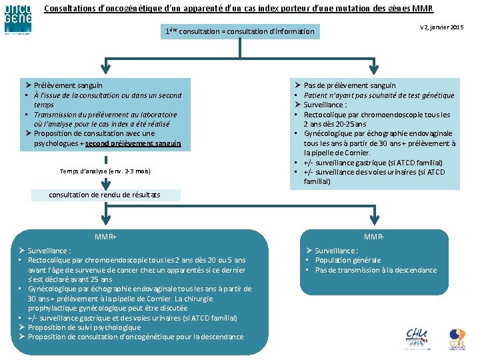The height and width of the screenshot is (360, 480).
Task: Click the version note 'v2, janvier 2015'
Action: point(441,27)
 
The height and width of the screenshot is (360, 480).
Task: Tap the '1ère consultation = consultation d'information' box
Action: point(239,31)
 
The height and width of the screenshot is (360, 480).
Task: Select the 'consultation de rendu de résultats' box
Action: point(105,195)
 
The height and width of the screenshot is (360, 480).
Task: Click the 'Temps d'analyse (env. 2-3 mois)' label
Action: point(105,172)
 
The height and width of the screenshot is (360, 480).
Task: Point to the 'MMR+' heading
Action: point(105,237)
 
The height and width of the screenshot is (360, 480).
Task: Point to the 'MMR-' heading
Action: point(374,237)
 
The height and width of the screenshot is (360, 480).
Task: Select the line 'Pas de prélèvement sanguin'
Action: point(349,85)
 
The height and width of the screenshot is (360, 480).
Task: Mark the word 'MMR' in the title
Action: point(423,9)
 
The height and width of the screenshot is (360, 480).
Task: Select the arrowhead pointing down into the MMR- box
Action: point(374,223)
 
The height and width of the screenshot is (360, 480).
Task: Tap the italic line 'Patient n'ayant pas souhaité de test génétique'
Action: point(379,95)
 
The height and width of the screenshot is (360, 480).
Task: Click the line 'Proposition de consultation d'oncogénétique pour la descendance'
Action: point(135,337)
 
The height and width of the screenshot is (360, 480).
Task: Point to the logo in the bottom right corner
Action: point(457,339)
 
